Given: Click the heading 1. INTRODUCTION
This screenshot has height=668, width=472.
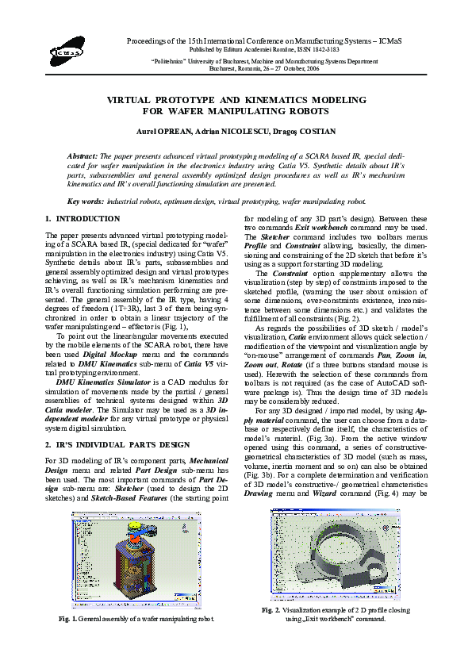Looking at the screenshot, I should point(83,219).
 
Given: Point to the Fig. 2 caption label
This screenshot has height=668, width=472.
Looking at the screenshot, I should point(273,609).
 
